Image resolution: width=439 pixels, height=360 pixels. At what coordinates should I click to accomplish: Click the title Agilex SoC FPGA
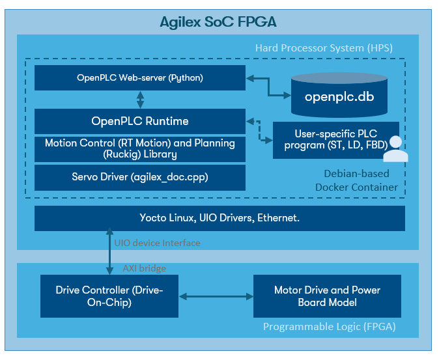tap(218, 22)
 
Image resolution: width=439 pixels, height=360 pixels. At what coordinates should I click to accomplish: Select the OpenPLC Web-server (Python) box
tap(140, 78)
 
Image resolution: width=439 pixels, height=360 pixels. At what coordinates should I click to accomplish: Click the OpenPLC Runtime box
tap(140, 121)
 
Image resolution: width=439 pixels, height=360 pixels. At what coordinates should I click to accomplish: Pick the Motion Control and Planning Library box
tap(140, 148)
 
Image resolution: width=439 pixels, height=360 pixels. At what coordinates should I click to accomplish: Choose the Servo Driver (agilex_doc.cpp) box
tap(140, 177)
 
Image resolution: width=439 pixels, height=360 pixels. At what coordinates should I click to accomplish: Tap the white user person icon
tap(395, 149)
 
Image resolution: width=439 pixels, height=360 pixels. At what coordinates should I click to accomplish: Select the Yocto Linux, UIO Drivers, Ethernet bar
tap(219, 218)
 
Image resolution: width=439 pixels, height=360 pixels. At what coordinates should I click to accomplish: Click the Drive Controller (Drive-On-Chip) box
tap(109, 296)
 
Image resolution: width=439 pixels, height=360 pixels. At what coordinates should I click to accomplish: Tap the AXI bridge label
tap(145, 268)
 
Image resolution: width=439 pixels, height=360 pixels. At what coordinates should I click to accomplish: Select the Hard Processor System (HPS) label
tap(324, 48)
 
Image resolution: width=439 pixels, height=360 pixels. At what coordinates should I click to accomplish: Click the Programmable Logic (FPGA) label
tap(329, 327)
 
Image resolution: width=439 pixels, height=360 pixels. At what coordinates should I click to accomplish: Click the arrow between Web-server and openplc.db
tap(268, 87)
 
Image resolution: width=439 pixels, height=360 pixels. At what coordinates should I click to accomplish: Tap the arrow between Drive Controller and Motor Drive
tap(215, 296)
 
